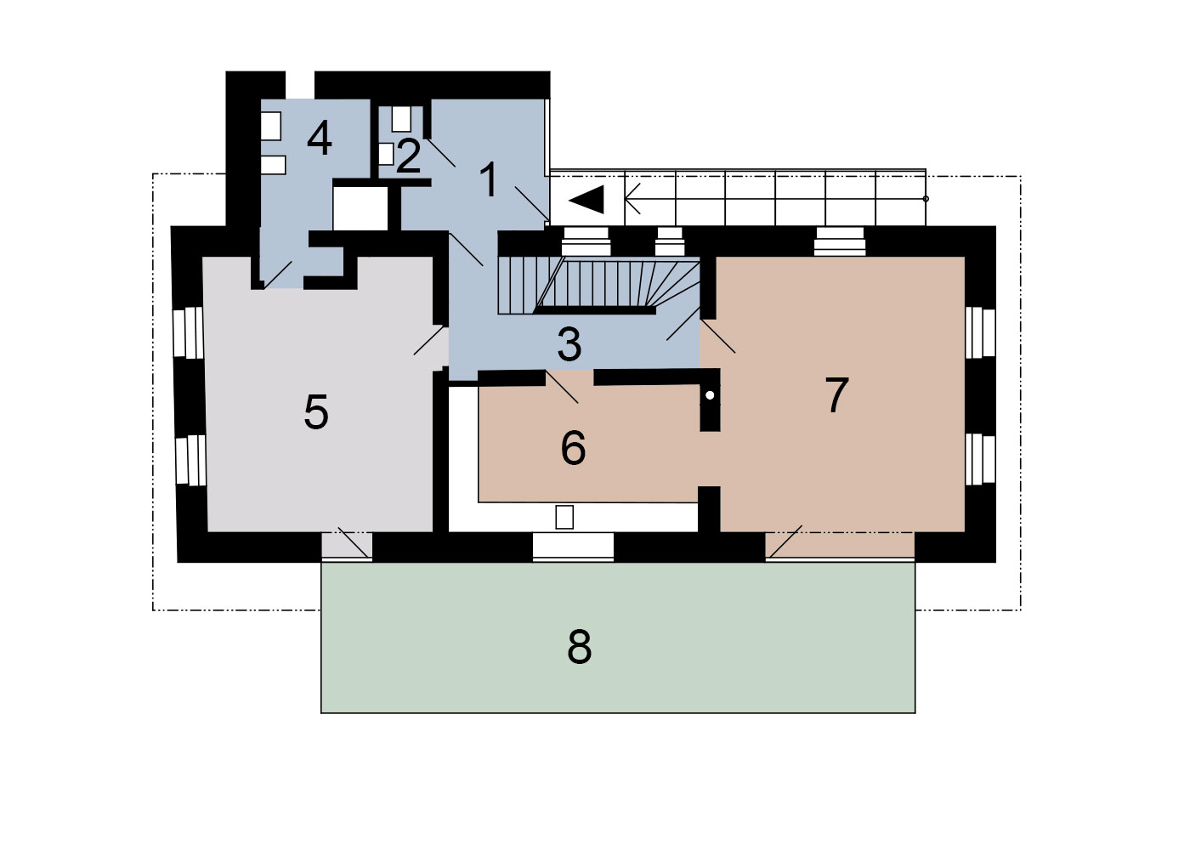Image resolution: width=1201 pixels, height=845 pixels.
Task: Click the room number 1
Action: pos(489,180)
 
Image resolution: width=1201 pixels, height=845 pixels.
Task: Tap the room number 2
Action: pos(408,156)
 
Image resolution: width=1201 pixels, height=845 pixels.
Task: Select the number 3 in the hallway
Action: pos(569,344)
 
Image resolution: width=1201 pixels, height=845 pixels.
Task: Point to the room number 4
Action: pos(320,139)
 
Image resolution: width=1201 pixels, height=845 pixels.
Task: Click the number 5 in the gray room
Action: pos(316,411)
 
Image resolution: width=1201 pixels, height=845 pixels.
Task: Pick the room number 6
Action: pos(573,447)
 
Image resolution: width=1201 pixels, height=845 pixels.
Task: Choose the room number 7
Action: pos(836,395)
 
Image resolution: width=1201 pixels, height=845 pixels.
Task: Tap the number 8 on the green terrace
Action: pos(579,647)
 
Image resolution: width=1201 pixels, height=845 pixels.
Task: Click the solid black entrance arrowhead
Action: pos(586,200)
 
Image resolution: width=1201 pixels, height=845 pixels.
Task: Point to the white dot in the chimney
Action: pos(710,395)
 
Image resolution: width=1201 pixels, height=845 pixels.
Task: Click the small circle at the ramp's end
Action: pos(926,199)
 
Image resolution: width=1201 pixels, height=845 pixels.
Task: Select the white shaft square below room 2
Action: pos(360,208)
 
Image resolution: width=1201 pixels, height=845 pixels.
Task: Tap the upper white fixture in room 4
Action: pos(271,126)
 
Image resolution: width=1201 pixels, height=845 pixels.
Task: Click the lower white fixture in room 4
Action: pos(273,165)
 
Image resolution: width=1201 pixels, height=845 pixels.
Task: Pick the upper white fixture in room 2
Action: pos(401,119)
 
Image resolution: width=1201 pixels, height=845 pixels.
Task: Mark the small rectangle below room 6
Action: pos(564,517)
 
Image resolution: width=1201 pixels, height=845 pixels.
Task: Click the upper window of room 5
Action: pos(188,332)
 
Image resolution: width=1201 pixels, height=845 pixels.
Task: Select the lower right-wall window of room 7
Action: pos(980,460)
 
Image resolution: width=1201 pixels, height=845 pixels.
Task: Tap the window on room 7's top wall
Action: pos(840,241)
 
